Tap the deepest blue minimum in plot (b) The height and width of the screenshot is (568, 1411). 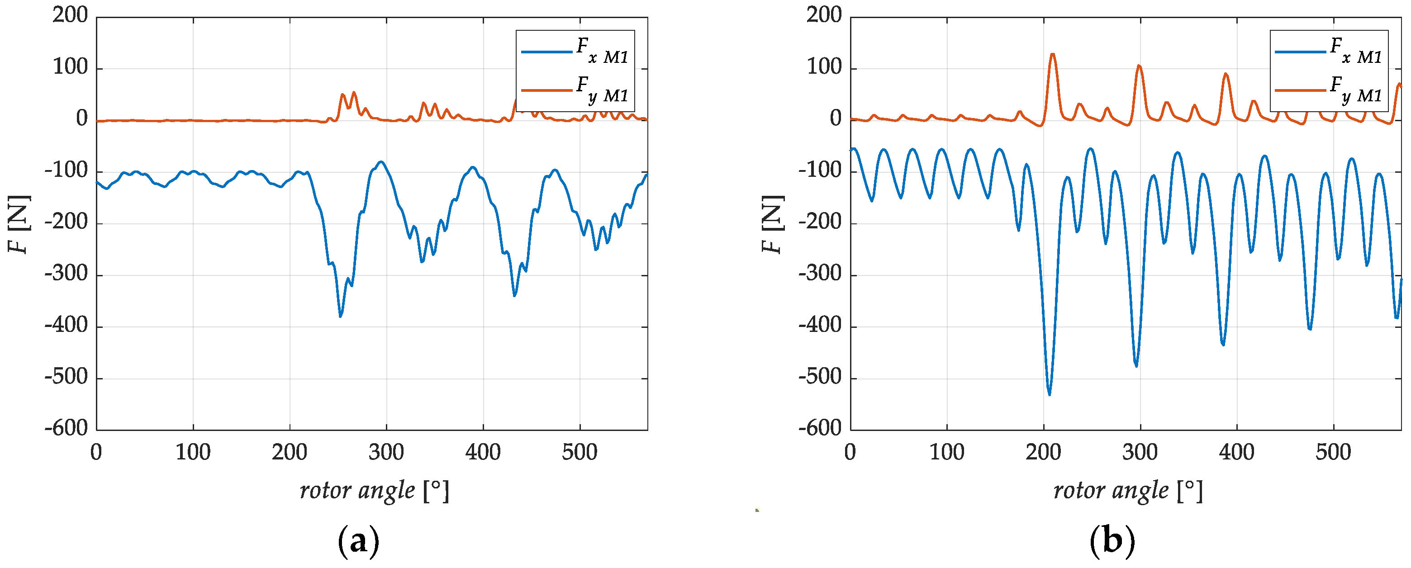[1049, 394]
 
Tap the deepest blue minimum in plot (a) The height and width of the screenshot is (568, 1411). [340, 316]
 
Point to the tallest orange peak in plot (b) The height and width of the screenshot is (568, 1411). [1052, 54]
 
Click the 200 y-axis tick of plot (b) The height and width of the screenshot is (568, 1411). [824, 15]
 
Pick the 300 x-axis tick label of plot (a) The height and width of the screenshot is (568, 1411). [386, 452]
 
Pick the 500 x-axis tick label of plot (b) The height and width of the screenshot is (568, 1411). [1333, 452]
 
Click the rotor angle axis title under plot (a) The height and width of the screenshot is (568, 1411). [375, 490]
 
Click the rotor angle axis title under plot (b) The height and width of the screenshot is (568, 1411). [1128, 490]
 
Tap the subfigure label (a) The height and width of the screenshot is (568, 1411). [358, 541]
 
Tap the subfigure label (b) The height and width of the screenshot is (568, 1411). [1112, 541]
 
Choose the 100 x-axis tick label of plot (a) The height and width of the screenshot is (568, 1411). [193, 452]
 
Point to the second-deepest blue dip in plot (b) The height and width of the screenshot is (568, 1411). [1136, 366]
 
